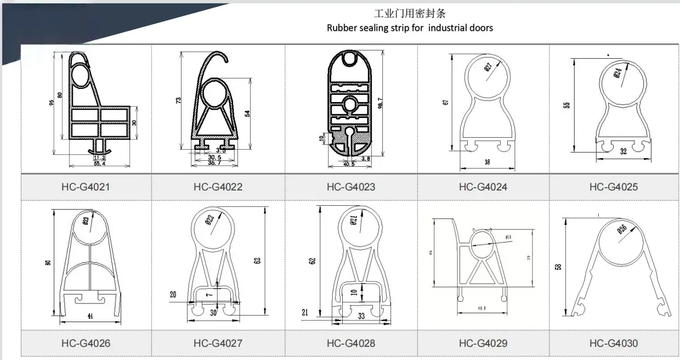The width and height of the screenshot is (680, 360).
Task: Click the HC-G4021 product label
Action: coord(86,187)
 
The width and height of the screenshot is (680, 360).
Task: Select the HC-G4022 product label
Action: coord(218,187)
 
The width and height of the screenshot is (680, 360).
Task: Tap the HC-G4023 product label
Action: coord(351,187)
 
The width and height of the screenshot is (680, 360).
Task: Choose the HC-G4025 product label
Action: coord(614,187)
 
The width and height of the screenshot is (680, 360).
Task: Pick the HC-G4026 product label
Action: coord(86,344)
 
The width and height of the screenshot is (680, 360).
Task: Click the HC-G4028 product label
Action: coord(351,344)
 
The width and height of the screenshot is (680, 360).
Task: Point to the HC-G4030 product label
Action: coord(614,344)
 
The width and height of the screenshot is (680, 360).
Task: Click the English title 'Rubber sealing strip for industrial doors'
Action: coord(410,27)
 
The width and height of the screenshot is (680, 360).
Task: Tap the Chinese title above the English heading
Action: coord(410,13)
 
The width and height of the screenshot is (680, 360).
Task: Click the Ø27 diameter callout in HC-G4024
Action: coord(488,67)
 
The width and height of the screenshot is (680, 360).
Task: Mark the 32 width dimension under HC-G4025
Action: coord(623,152)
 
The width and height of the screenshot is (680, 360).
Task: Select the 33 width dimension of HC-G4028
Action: coord(361,316)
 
